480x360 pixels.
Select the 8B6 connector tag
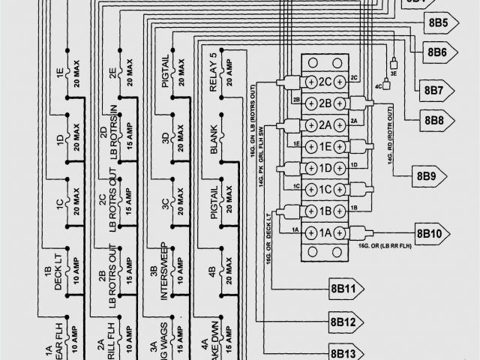pos(438,52)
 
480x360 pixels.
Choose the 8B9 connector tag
pos(426,177)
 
